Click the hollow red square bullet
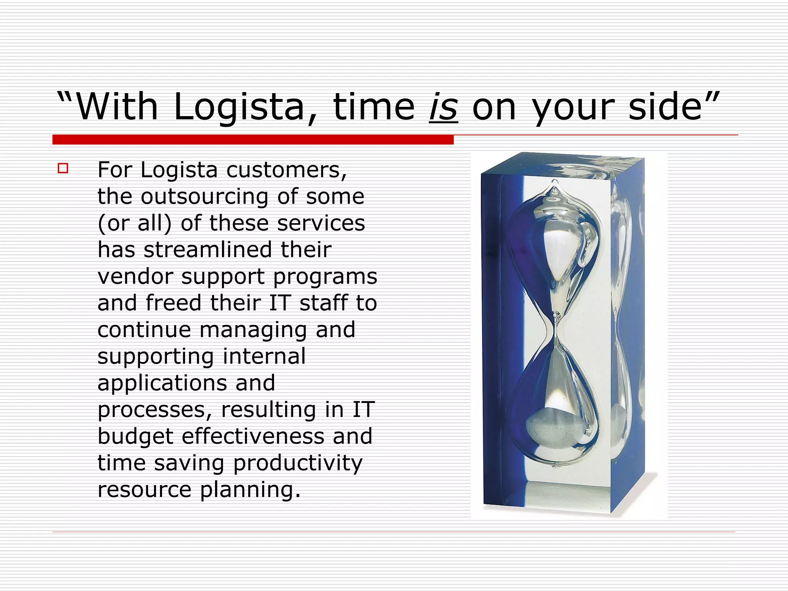point(63,169)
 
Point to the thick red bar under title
point(253,140)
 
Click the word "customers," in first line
point(287,170)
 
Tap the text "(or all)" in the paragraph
point(134,223)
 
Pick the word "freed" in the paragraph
point(174,303)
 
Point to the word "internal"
point(264,356)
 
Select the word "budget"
point(135,437)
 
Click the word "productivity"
point(298,463)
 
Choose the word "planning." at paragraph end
point(250,490)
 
